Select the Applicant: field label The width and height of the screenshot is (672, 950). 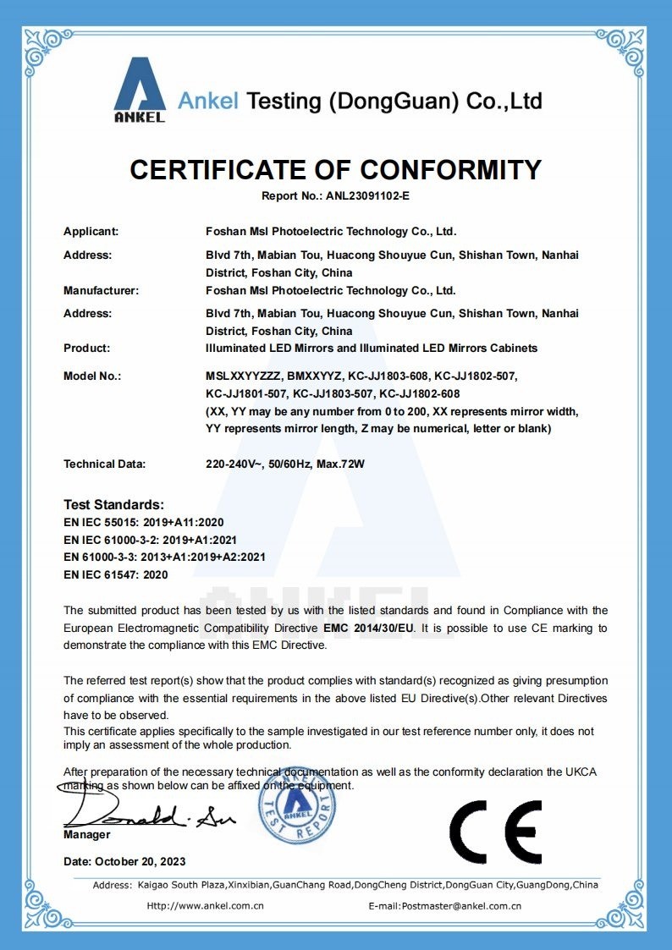pos(91,231)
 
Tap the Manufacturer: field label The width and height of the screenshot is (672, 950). pos(101,290)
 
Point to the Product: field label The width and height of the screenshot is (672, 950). pos(87,348)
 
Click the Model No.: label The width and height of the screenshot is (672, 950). pos(92,375)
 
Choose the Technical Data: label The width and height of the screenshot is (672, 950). pos(105,464)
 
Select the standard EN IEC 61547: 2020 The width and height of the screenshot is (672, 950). pos(116,574)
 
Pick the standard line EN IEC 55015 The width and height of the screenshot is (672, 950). pos(144,522)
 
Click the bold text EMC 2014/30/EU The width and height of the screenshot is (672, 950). pos(368,629)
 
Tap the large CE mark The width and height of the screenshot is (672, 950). pos(495,831)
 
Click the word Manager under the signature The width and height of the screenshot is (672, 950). pos(87,835)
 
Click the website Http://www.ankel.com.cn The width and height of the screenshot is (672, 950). pos(206,906)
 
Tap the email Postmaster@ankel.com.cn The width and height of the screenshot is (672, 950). pos(473,906)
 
